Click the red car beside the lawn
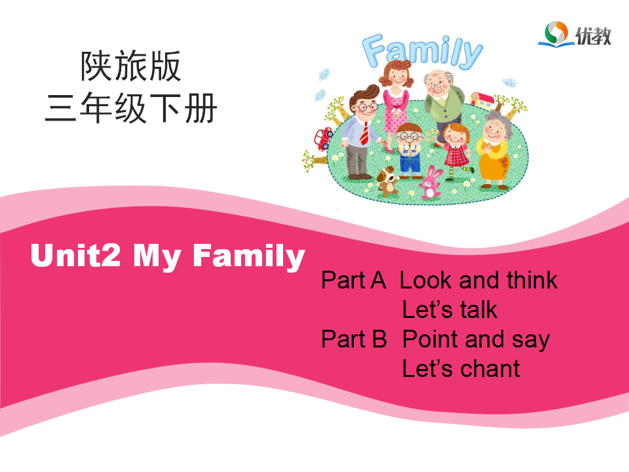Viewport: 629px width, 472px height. pos(323,138)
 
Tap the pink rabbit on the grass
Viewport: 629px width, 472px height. pos(430,183)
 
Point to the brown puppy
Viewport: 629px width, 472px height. pos(387,181)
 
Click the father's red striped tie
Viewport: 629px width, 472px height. pos(365,133)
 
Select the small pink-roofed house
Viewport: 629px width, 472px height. pos(482,100)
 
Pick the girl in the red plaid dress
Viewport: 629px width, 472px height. pos(455,151)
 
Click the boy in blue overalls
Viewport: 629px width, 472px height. pos(409,151)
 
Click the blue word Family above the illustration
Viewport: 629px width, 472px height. pos(422,51)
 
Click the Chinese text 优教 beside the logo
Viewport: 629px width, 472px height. pos(594,36)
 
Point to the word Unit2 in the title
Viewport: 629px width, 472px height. pos(75,255)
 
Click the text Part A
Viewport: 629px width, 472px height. pos(353,280)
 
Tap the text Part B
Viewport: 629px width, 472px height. pos(354,339)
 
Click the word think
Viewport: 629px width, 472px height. pos(532,280)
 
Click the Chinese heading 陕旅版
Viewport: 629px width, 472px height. pos(131,66)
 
